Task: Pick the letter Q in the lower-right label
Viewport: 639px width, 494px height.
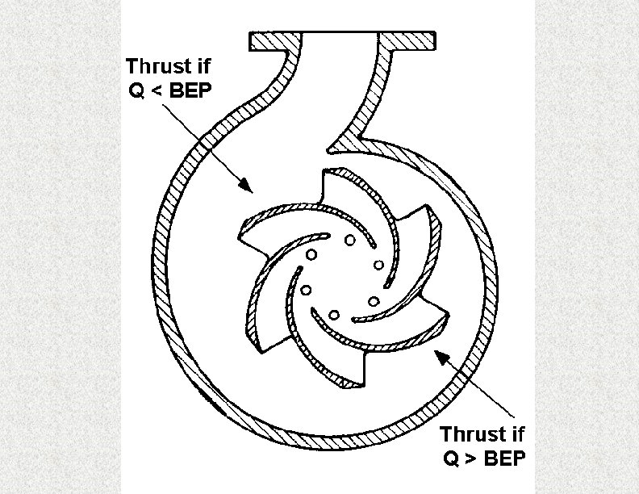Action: point(449,458)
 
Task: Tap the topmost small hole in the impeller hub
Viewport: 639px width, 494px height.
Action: point(349,240)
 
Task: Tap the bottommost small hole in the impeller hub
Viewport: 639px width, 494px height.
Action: point(332,313)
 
